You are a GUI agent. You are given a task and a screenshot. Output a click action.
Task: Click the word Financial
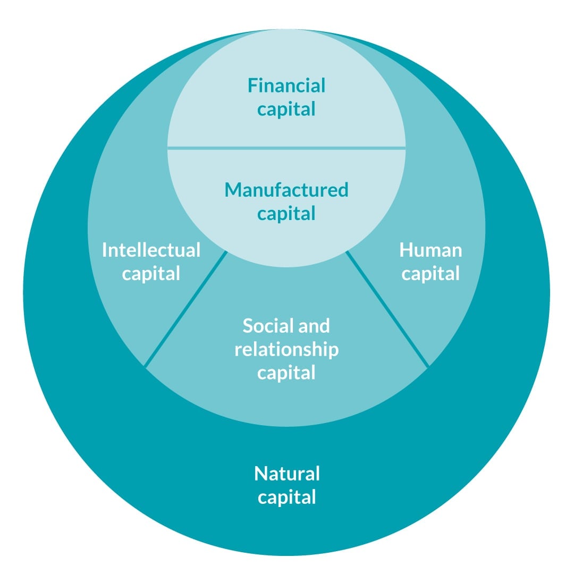pyautogui.click(x=286, y=86)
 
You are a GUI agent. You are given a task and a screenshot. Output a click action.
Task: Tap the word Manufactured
pyautogui.click(x=286, y=190)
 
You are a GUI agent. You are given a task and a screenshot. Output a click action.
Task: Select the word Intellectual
pyautogui.click(x=151, y=250)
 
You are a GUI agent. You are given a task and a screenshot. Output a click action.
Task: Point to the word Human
pyautogui.click(x=430, y=250)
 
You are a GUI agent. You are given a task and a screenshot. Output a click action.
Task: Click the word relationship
pyautogui.click(x=286, y=349)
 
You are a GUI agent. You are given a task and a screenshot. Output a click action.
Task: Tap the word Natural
pyautogui.click(x=287, y=473)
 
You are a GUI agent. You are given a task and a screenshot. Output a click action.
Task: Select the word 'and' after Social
pyautogui.click(x=314, y=325)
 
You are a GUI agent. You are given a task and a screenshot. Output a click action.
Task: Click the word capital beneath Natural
pyautogui.click(x=287, y=498)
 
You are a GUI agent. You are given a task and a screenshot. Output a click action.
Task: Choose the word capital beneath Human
pyautogui.click(x=430, y=274)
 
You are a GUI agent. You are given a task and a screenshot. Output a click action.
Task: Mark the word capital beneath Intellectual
pyautogui.click(x=151, y=274)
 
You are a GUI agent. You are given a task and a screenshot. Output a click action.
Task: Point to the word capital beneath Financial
pyautogui.click(x=286, y=110)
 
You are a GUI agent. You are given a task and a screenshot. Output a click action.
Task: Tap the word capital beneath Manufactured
pyautogui.click(x=286, y=214)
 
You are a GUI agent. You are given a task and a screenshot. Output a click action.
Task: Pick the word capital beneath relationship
pyautogui.click(x=286, y=373)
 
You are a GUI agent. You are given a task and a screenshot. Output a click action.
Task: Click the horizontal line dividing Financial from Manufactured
pyautogui.click(x=286, y=148)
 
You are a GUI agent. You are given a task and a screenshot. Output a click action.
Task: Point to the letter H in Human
pyautogui.click(x=406, y=250)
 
